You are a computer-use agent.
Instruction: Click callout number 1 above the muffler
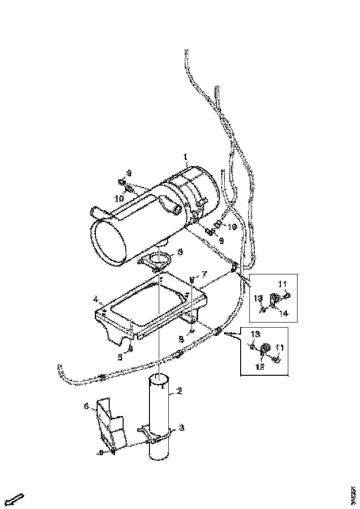[x=186, y=158]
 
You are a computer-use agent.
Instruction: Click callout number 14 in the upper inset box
[x=284, y=313]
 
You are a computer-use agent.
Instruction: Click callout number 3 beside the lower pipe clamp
[x=182, y=428]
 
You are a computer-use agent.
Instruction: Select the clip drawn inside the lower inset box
[x=267, y=349]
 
